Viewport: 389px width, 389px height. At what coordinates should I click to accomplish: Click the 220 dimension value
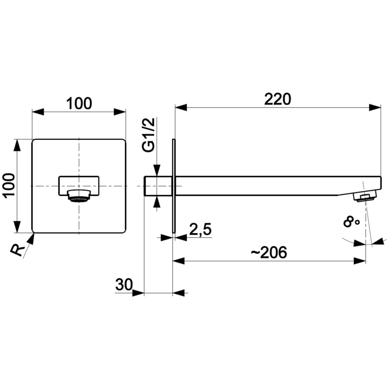click(x=277, y=99)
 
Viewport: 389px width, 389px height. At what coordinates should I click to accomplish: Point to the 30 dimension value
click(x=124, y=285)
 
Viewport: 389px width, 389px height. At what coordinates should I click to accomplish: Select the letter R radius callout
click(x=17, y=250)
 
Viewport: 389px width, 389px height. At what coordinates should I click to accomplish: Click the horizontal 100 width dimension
click(x=79, y=104)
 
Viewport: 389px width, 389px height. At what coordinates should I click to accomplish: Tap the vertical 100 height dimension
click(x=9, y=186)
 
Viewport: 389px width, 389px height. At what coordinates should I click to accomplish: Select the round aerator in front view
click(x=79, y=195)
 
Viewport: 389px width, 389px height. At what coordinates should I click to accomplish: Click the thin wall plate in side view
click(x=173, y=186)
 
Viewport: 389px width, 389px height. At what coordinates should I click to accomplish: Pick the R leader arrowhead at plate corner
click(x=31, y=237)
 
